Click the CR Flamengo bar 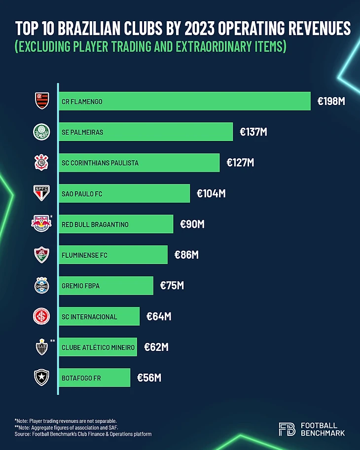click(x=184, y=101)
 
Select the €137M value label click(x=253, y=132)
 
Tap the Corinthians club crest click(x=41, y=163)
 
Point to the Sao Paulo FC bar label click(x=82, y=194)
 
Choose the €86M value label click(x=186, y=255)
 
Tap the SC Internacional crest click(x=41, y=316)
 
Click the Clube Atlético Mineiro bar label click(x=98, y=347)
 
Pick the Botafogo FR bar click(x=95, y=378)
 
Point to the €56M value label click(x=149, y=378)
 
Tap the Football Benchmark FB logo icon click(x=287, y=429)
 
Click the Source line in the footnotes click(x=83, y=434)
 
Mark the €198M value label click(x=331, y=101)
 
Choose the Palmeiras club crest click(x=41, y=132)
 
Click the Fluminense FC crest click(x=41, y=255)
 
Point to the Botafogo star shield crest click(x=41, y=378)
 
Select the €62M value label click(x=156, y=347)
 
